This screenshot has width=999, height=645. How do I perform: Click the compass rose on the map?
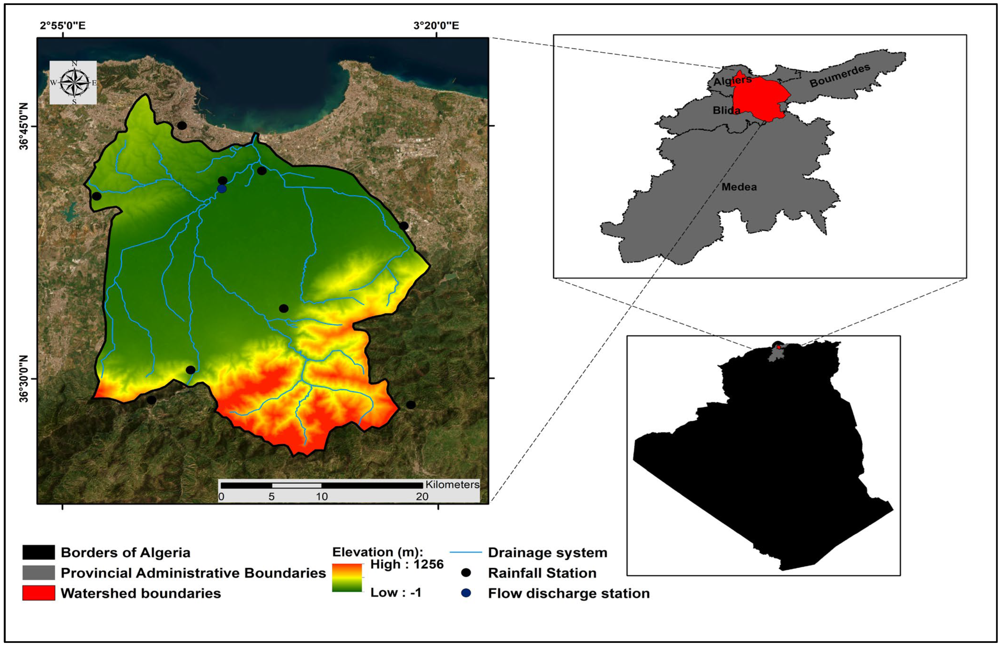74,83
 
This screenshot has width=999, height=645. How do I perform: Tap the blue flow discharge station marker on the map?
222,189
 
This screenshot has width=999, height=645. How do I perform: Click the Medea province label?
739,187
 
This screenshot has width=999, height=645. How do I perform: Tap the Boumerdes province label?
840,76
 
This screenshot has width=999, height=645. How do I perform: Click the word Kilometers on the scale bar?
452,485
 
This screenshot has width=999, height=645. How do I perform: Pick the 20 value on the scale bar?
422,497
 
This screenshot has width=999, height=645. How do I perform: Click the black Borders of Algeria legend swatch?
38,552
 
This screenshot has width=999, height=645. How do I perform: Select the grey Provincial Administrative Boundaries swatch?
38,573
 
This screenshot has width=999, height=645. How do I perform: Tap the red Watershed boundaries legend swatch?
38,593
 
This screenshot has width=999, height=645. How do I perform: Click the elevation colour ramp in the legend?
347,578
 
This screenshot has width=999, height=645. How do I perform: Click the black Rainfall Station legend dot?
466,573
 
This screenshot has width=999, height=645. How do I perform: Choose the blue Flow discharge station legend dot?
466,593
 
